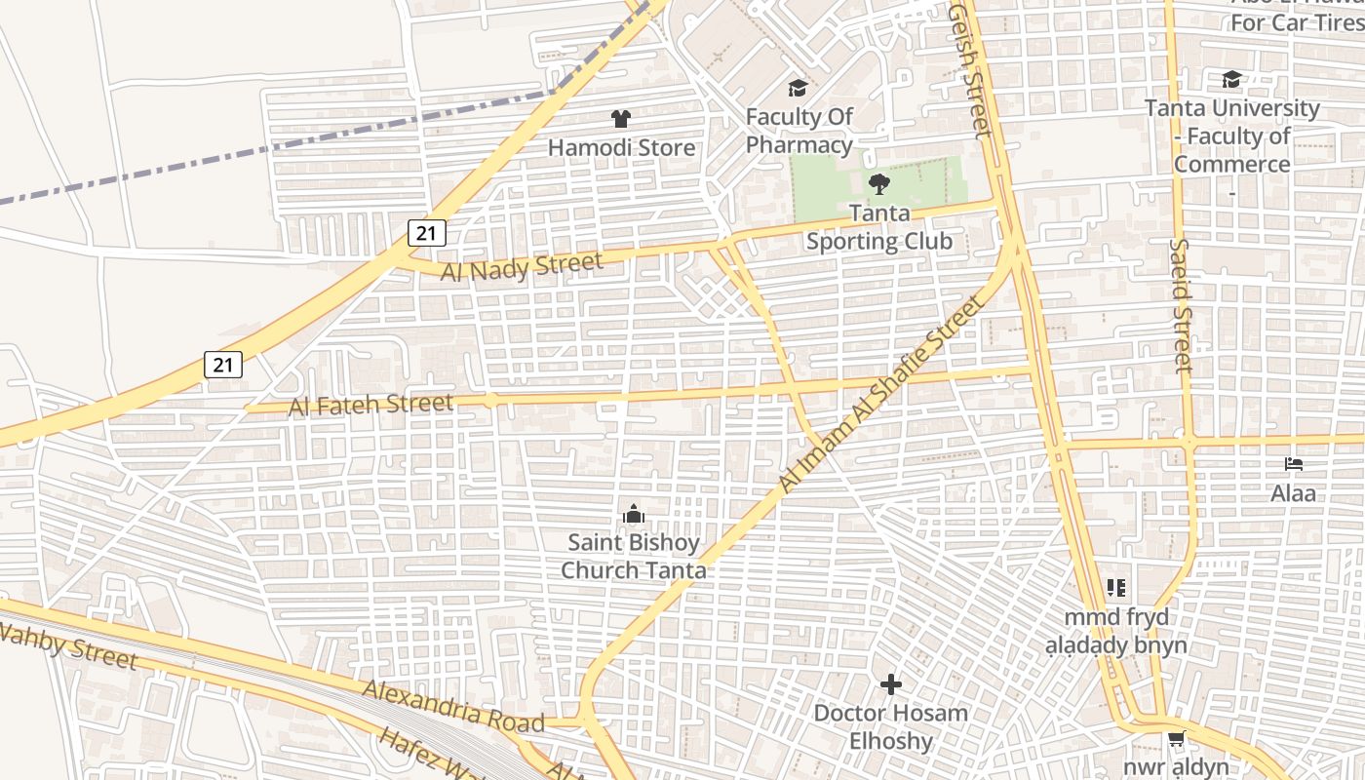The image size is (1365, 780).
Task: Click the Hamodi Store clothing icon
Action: (620, 119)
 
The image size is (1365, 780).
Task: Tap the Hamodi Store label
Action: (621, 148)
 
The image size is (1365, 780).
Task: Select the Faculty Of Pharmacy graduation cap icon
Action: (799, 89)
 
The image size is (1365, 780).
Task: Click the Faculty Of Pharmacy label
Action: (799, 131)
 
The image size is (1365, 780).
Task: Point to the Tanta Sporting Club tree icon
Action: (878, 183)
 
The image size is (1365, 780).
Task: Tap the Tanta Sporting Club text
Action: (878, 227)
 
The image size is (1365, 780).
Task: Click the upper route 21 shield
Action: (426, 232)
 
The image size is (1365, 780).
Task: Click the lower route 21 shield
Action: (223, 365)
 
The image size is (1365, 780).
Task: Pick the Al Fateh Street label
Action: (371, 405)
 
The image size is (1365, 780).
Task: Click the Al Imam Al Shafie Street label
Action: (880, 395)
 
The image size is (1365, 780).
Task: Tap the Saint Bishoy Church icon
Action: (634, 514)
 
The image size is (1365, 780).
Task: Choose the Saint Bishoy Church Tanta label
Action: (634, 556)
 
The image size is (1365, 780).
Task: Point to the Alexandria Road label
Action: (453, 707)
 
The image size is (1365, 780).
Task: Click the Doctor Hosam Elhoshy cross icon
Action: (890, 684)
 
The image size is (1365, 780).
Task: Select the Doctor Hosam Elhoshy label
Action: (890, 726)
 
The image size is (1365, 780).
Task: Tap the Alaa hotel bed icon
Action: (1294, 464)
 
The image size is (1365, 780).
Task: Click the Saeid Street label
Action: (1182, 305)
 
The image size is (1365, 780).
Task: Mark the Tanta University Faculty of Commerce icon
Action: (1231, 80)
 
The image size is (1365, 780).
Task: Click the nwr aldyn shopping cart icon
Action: (1177, 739)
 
